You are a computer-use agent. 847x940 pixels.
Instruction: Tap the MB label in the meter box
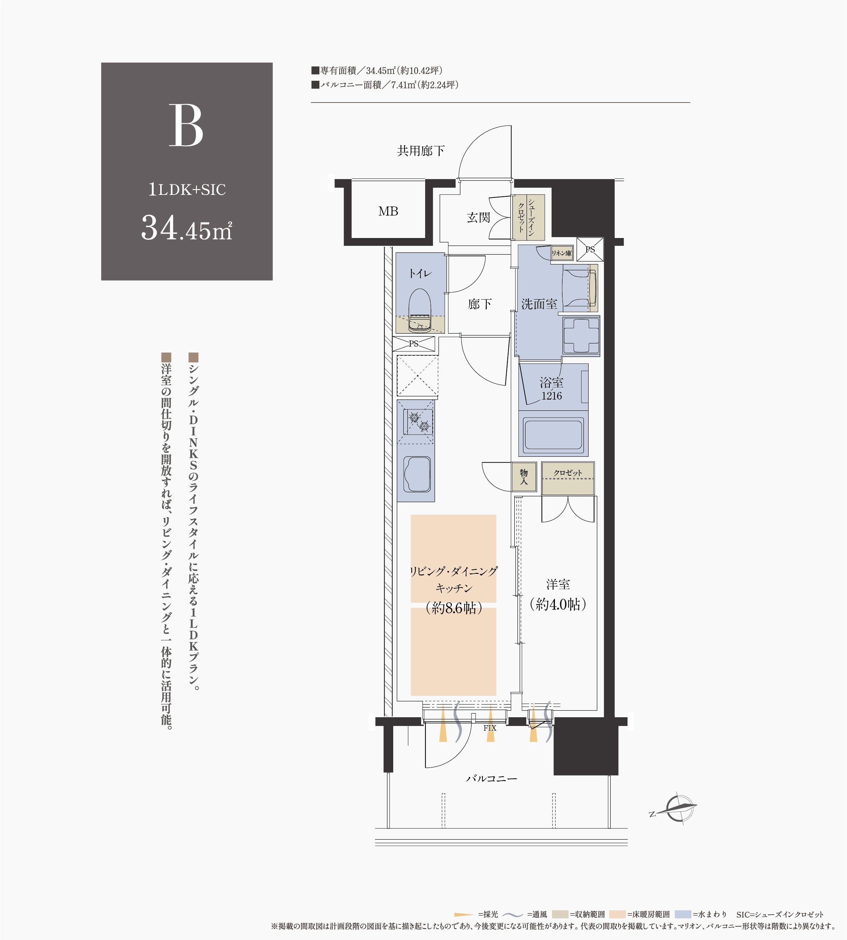click(388, 211)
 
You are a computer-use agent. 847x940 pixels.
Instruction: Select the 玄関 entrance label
click(478, 217)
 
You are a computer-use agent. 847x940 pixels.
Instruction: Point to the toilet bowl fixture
click(420, 310)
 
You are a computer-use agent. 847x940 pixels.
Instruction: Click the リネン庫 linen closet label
click(562, 253)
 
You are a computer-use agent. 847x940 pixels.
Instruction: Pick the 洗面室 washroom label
click(539, 304)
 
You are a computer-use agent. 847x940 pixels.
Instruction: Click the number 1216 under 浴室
click(552, 396)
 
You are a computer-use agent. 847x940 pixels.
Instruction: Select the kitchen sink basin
click(416, 474)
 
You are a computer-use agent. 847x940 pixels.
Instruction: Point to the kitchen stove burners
click(418, 421)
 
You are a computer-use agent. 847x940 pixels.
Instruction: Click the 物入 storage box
click(524, 477)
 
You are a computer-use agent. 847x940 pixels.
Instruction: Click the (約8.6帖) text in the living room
click(454, 608)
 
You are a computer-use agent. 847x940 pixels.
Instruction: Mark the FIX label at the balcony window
click(490, 728)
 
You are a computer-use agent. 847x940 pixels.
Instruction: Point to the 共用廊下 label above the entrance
click(421, 151)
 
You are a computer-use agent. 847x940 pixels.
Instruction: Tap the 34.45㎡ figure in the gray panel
click(187, 228)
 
